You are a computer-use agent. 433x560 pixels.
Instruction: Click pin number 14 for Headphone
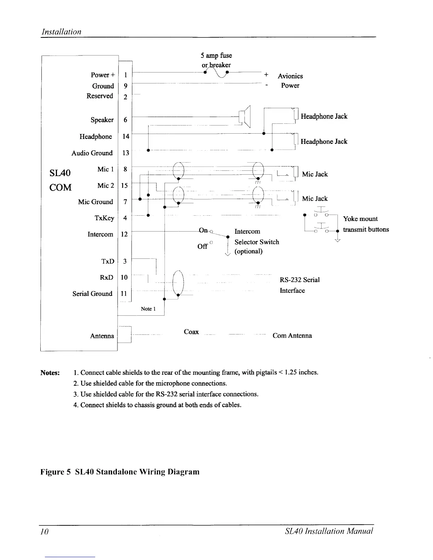point(126,136)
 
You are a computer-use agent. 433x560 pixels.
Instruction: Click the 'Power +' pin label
point(103,75)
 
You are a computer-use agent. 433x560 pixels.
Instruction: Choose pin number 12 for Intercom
point(125,234)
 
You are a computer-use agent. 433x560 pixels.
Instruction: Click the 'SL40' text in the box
point(60,173)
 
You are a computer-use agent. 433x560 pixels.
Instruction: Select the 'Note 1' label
point(146,309)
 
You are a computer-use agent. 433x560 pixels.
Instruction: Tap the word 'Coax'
point(191,332)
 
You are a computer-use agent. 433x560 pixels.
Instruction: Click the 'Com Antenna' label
point(292,336)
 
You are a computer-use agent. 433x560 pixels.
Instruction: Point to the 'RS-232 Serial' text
point(300,280)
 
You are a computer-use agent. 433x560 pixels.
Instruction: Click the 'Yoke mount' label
point(360,219)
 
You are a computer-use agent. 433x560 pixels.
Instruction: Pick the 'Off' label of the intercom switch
point(202,246)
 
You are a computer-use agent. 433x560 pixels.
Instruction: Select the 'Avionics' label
point(290,76)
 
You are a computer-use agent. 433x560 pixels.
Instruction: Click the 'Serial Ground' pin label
point(92,294)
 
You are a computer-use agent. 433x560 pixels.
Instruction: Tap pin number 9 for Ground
point(126,86)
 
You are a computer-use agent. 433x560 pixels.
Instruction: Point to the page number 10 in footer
point(44,532)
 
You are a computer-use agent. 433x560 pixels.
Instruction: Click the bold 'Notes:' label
point(50,373)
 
